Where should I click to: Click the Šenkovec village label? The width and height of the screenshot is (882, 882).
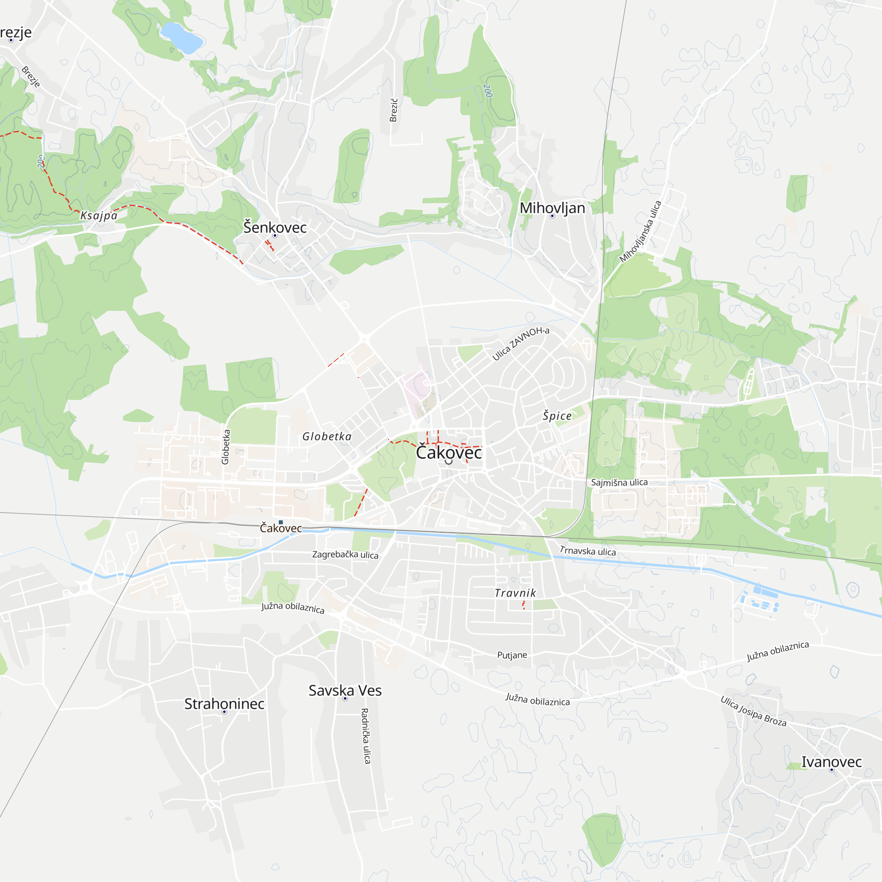coord(274,227)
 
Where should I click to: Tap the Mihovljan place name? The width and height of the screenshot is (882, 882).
coord(552,208)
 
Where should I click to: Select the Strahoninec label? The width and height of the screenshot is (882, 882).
coord(224,703)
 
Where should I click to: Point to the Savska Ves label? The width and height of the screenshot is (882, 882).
coord(345,690)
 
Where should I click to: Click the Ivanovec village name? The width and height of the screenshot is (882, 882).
coord(831,762)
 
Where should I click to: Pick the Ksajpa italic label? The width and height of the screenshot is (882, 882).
coord(99,216)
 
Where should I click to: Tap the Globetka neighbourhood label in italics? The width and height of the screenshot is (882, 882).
coord(327,437)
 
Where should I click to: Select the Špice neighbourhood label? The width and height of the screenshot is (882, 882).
coord(557,415)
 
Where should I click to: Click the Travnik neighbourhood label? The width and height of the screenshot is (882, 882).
coord(515,593)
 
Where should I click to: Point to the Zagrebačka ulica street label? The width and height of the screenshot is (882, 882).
coord(345,555)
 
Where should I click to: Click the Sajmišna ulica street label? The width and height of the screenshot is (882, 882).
coord(619,482)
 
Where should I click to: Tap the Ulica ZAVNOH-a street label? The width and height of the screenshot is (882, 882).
coord(520,343)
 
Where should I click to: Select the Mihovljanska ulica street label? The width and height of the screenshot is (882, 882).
coord(640,232)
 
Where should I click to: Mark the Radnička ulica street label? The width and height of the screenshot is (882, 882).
coord(365,736)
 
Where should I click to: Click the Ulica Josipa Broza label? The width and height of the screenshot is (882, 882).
coord(753,711)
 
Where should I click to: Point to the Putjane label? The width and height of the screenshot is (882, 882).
coord(512,655)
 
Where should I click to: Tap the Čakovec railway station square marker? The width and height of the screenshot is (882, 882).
coord(281,522)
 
